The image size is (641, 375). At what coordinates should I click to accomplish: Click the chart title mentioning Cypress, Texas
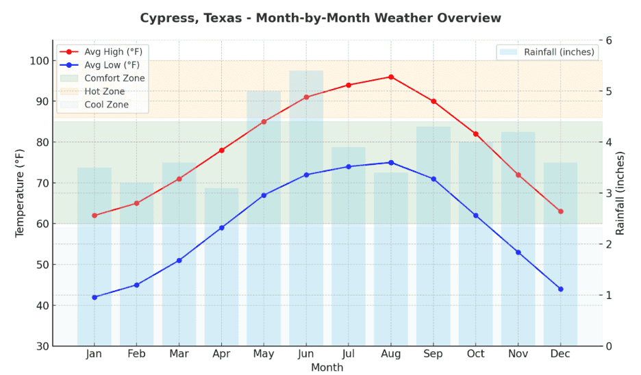[320, 18]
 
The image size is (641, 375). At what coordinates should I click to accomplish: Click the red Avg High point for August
[391, 77]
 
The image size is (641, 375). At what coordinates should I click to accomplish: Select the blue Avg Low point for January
[95, 297]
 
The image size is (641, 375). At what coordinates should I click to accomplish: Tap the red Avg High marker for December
[560, 211]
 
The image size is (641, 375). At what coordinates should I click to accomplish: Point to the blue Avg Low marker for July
[349, 166]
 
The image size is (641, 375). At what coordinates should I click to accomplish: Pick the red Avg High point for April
[221, 151]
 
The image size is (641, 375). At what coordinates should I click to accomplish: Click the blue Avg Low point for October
[476, 216]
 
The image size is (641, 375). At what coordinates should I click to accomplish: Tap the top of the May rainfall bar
[264, 92]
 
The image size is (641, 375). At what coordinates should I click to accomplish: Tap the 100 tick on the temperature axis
[40, 61]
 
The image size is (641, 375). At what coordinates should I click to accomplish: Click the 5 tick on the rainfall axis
[609, 91]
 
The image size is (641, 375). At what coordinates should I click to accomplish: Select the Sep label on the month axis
[433, 354]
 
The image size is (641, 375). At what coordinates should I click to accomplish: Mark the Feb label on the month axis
[136, 354]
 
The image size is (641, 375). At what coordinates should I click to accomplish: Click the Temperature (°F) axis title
[20, 193]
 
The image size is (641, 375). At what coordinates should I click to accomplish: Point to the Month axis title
[327, 367]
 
